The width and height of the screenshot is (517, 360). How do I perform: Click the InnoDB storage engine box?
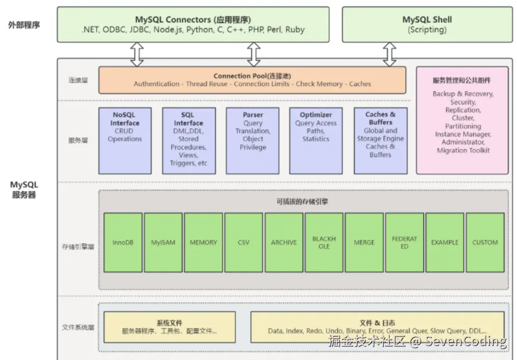123,242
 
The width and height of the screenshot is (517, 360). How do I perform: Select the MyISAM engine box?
163,242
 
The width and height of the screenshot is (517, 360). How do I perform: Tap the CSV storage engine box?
244,242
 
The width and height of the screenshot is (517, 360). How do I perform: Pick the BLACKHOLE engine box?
324,242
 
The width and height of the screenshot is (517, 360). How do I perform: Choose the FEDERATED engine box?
405,242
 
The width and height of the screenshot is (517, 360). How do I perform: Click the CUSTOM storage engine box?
485,242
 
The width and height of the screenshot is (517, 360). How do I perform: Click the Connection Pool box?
252,80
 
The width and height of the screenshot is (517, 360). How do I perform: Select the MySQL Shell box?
427,24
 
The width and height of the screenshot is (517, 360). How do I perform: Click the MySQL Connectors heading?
193,20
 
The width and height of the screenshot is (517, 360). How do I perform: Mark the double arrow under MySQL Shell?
389,54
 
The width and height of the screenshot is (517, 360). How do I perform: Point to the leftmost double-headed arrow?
136,54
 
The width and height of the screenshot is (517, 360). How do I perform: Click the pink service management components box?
462,120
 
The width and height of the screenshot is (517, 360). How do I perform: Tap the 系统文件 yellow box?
169,327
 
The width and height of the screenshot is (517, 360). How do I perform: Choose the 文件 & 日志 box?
377,327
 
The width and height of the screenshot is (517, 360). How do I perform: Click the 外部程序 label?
24,24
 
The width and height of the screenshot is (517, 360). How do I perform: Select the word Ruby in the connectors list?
294,30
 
